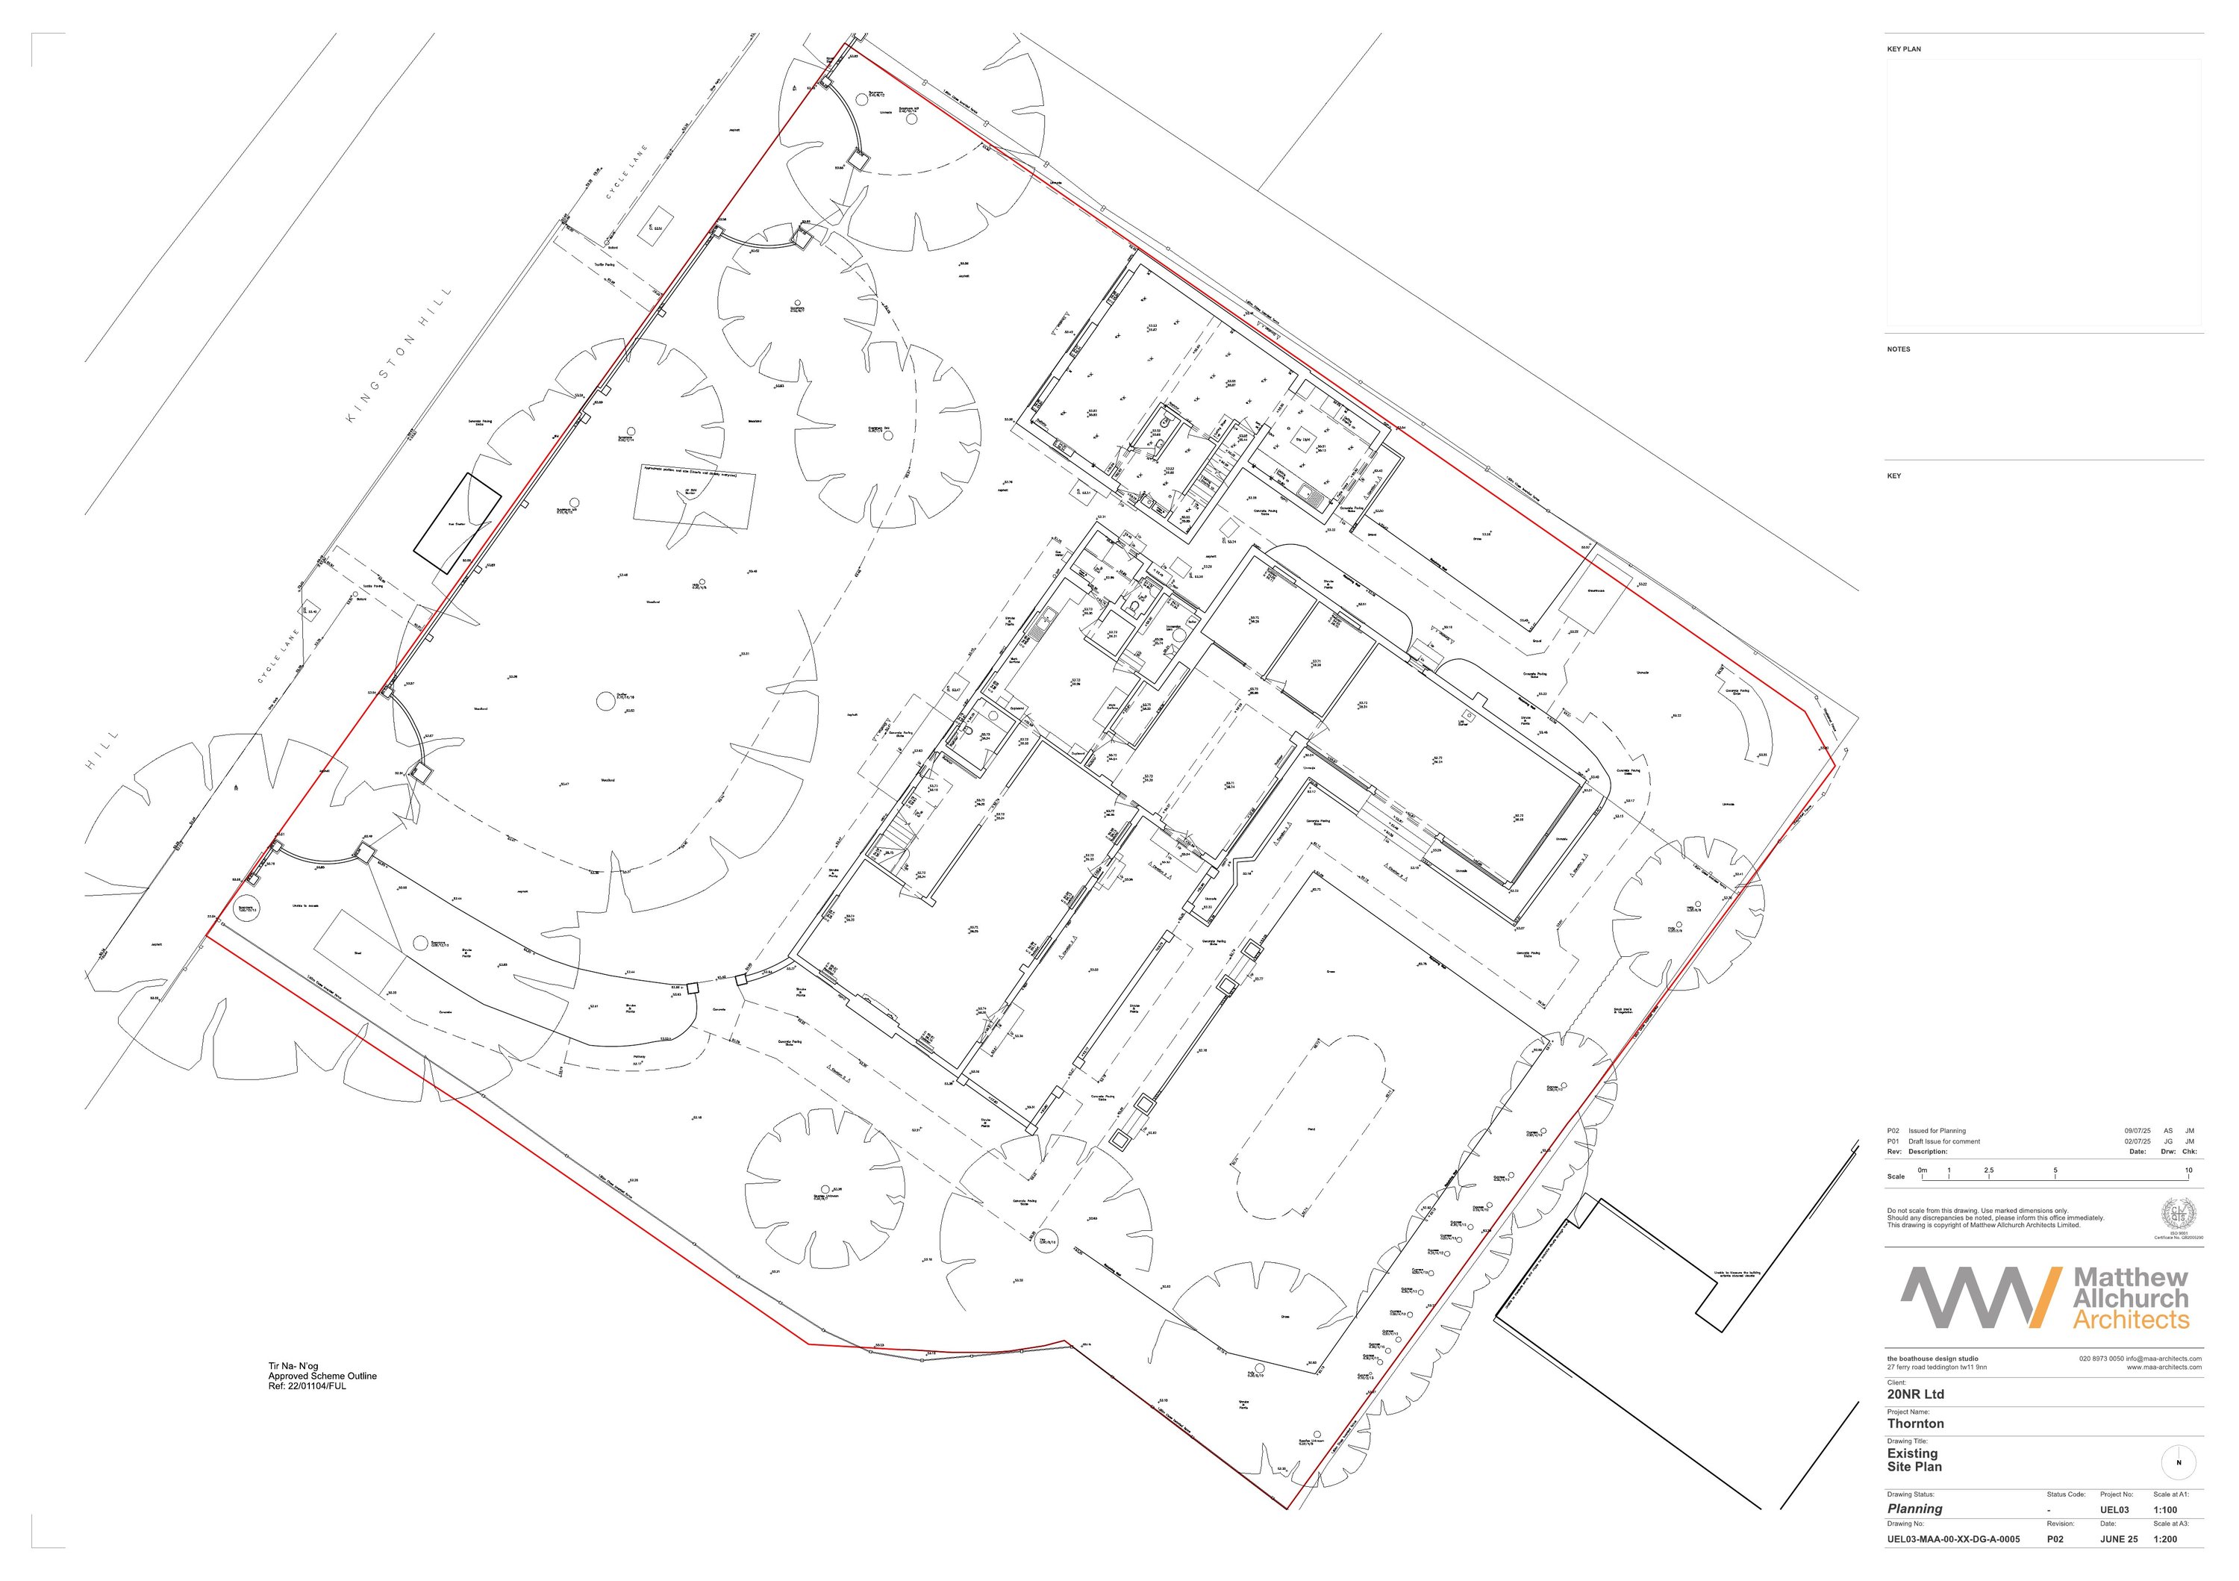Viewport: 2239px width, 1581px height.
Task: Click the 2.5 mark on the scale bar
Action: [1988, 1170]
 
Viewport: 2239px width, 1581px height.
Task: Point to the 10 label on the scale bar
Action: [2188, 1170]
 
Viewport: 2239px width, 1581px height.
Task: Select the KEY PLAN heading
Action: [1904, 49]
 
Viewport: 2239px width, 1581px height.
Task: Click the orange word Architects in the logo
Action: [2131, 1320]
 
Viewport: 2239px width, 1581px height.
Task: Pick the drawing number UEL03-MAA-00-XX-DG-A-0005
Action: [1953, 1540]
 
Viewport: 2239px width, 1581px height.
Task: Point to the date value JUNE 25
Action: [2118, 1540]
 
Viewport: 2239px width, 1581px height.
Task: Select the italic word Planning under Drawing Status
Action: [1914, 1509]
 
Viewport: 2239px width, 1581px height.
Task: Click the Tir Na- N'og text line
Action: [293, 1367]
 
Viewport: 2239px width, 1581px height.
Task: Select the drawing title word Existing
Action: [1912, 1453]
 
